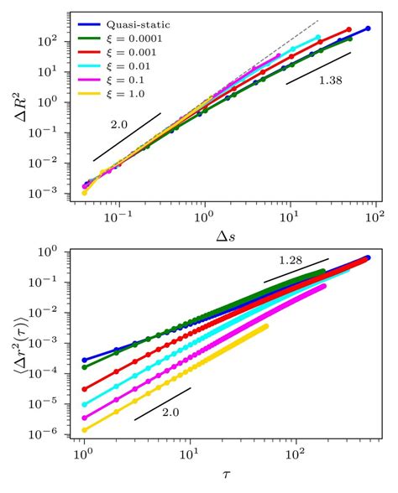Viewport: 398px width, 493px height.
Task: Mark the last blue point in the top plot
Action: [368, 29]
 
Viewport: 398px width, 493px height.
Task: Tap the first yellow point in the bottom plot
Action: [84, 429]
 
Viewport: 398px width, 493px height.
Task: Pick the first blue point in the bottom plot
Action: [84, 360]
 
